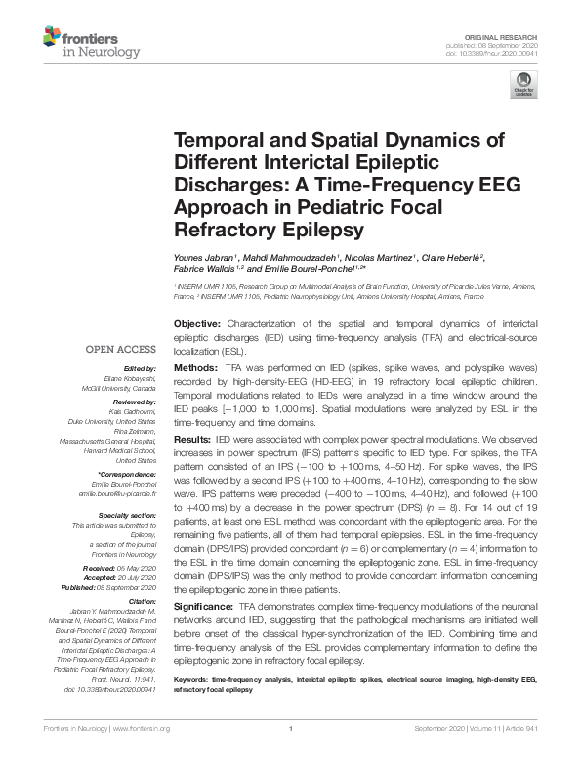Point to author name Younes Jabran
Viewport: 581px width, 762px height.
[209, 258]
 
